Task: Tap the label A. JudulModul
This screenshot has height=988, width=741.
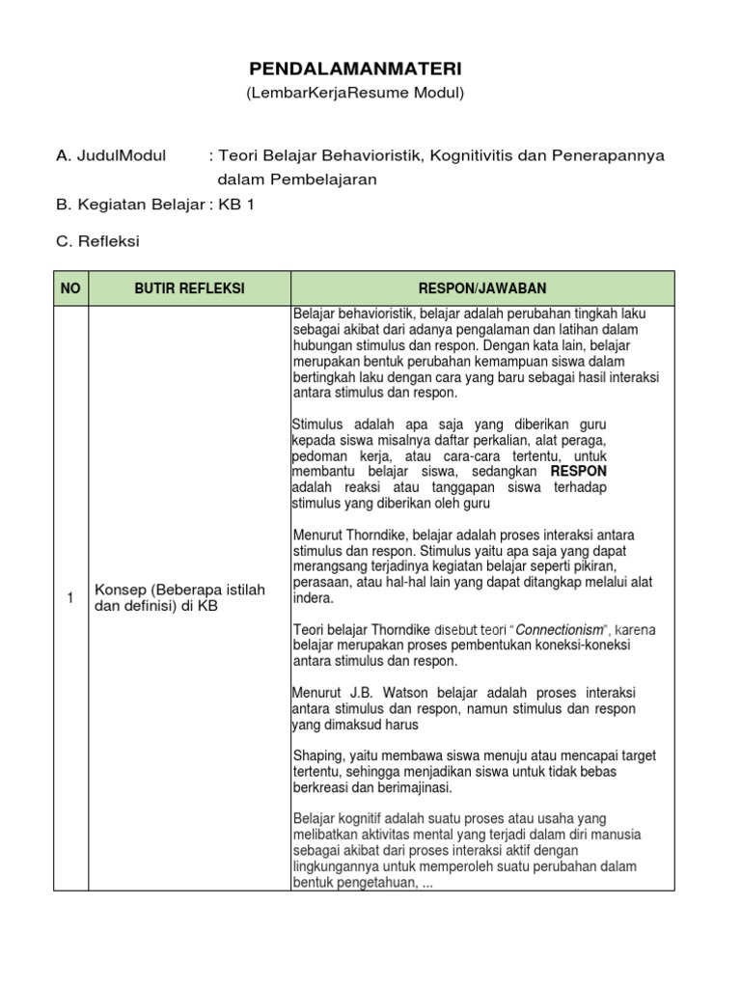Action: point(111,155)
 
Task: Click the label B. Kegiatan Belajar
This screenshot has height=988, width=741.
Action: point(130,205)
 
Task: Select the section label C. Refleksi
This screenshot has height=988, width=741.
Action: point(98,241)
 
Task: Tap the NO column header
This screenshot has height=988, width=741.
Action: point(70,288)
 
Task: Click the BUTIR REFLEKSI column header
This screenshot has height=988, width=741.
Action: point(189,288)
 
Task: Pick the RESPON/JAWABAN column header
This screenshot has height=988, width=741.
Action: point(482,288)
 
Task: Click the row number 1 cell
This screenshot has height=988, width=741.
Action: point(70,598)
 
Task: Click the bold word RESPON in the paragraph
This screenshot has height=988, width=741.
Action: point(579,471)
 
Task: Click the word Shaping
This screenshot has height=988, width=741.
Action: point(315,756)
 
